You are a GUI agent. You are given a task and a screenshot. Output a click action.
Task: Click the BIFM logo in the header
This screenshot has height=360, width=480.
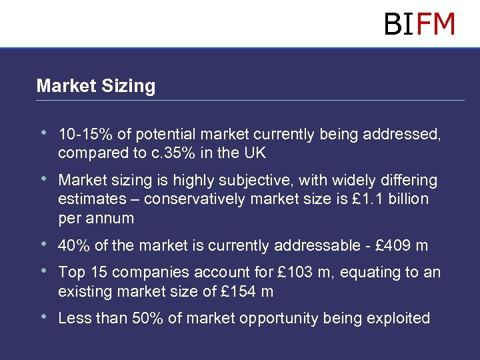(x=419, y=24)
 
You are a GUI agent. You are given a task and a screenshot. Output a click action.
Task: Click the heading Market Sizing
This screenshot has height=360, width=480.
(x=95, y=86)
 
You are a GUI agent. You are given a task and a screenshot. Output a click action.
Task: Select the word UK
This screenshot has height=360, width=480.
(x=255, y=153)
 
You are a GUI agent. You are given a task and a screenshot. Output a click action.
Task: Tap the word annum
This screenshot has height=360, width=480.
(x=114, y=218)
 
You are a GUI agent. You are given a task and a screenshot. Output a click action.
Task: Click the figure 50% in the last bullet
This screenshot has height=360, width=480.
(x=145, y=319)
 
